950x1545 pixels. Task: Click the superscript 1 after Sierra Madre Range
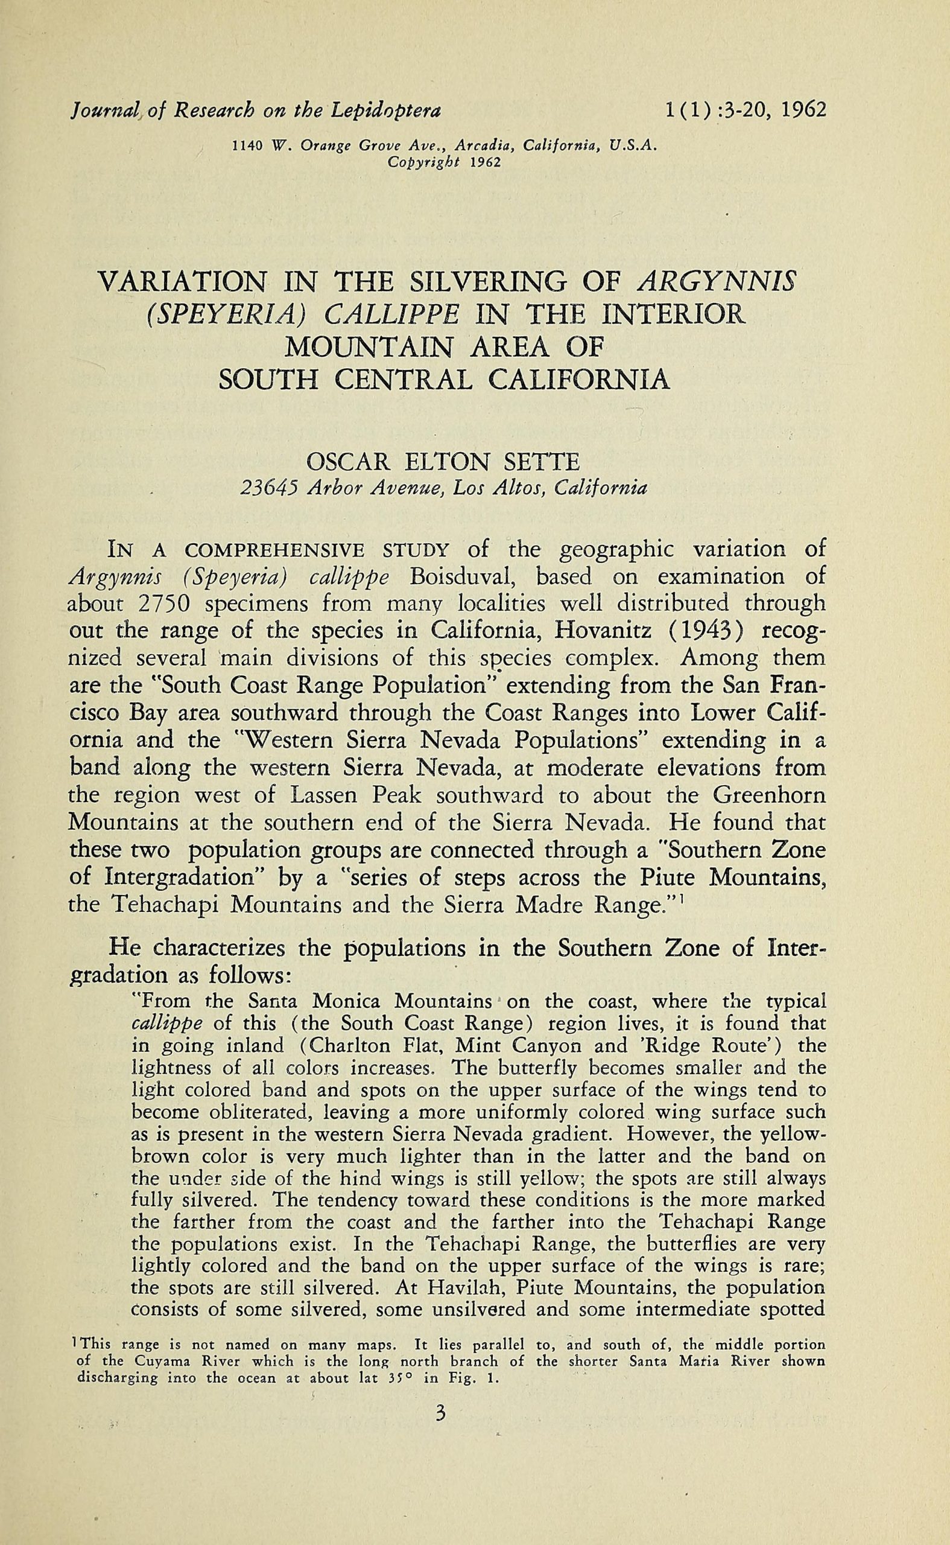coord(682,900)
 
